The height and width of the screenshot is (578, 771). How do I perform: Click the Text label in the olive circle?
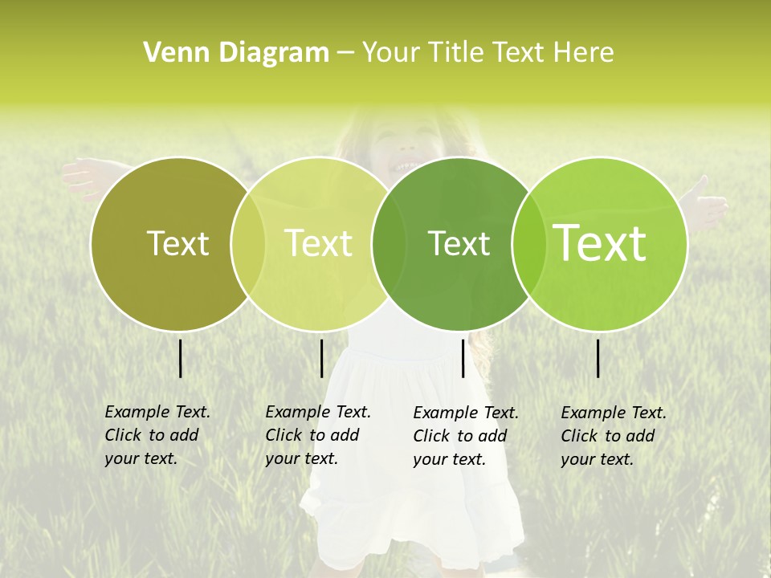pyautogui.click(x=177, y=243)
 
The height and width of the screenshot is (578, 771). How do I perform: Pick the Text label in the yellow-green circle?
pyautogui.click(x=318, y=243)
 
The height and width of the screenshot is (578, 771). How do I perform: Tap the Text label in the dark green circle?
pyautogui.click(x=459, y=243)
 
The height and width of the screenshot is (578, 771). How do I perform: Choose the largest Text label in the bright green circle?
pyautogui.click(x=600, y=243)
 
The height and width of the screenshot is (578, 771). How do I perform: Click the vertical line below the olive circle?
pyautogui.click(x=181, y=358)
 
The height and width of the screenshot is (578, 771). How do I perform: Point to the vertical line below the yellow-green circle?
pyautogui.click(x=321, y=358)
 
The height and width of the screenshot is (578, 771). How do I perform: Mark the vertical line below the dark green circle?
pyautogui.click(x=463, y=358)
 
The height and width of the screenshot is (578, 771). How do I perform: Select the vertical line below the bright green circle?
pyautogui.click(x=598, y=358)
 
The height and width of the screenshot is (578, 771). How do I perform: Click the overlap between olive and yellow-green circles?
pyautogui.click(x=248, y=243)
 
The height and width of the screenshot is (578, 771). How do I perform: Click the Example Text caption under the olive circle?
pyautogui.click(x=157, y=435)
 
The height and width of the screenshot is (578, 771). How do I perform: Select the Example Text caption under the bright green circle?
pyautogui.click(x=614, y=436)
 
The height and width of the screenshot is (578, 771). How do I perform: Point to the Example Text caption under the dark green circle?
pyautogui.click(x=466, y=436)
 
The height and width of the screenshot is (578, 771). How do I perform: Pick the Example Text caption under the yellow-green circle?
pyautogui.click(x=318, y=435)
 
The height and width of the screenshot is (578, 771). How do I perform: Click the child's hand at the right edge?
pyautogui.click(x=711, y=205)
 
